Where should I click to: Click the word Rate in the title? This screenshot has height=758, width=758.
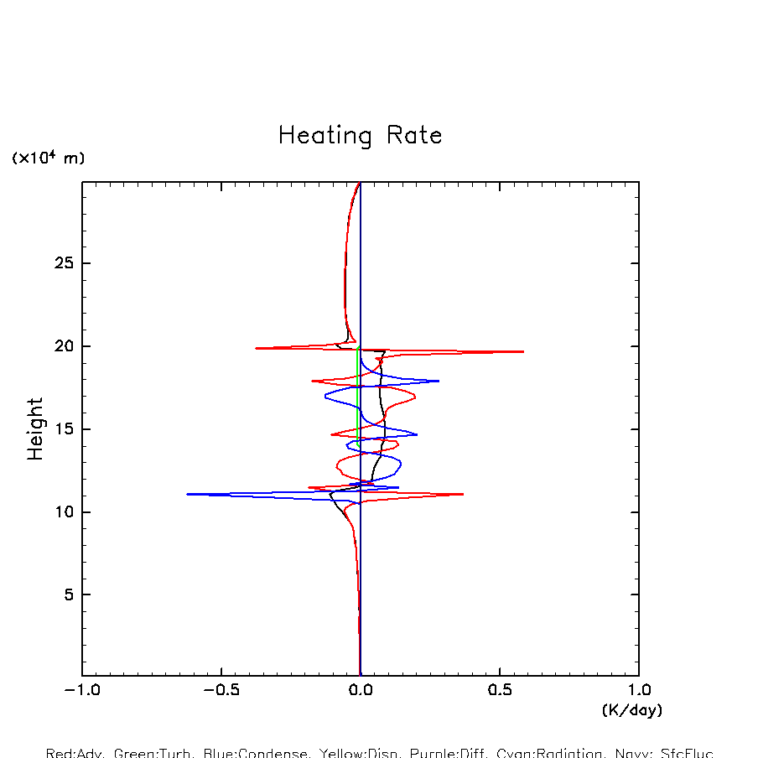coord(414,135)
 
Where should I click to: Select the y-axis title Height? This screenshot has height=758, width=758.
coord(35,428)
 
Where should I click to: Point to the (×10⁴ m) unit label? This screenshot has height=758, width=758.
coord(48,158)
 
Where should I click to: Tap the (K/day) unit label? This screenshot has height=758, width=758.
coord(632,710)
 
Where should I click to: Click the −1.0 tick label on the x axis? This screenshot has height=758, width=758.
coord(81,692)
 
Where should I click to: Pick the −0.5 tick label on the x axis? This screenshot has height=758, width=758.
coord(221,692)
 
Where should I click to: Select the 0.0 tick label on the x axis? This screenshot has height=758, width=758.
coord(361,692)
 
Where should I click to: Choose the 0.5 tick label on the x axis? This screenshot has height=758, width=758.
coord(500,692)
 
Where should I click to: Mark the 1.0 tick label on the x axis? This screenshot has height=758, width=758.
coord(639,692)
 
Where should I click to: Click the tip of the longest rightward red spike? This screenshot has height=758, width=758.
coord(524,351)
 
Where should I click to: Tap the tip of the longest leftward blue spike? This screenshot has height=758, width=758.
coord(187,494)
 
